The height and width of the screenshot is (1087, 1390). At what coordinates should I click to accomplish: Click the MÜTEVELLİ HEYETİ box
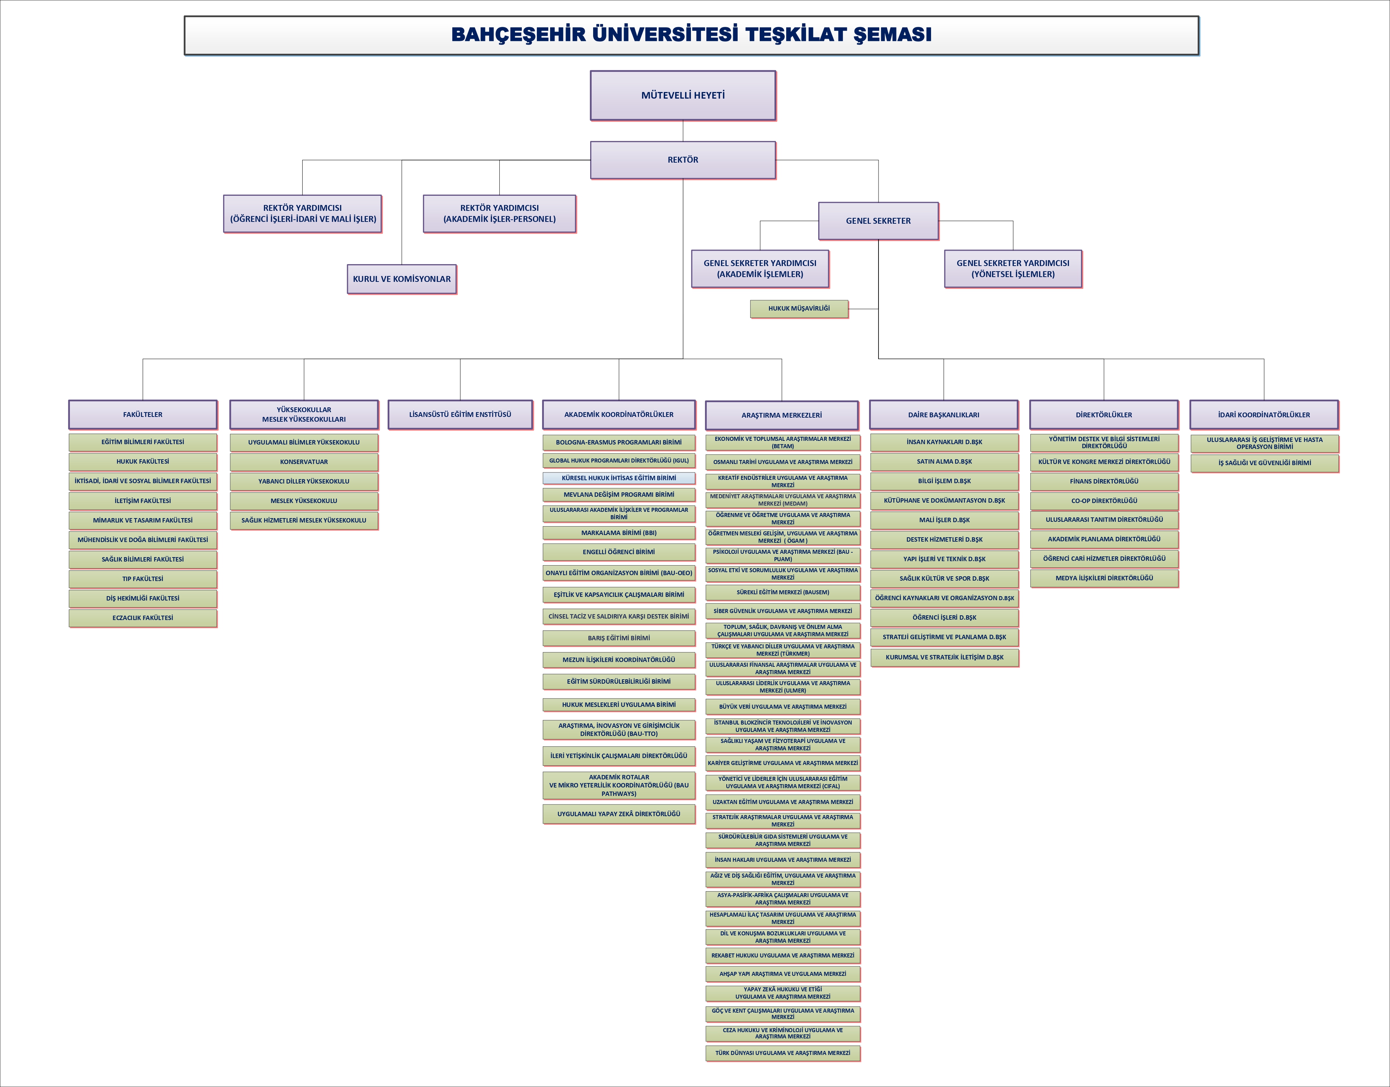click(683, 96)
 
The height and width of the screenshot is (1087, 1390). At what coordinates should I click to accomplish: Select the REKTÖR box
click(683, 160)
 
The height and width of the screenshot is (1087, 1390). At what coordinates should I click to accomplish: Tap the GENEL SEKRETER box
click(878, 221)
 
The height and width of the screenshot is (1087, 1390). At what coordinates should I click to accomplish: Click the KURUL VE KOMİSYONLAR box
click(402, 279)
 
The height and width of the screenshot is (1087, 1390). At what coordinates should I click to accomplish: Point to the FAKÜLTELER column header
click(143, 415)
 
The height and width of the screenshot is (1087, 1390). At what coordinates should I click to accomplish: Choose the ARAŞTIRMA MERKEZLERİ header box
click(781, 415)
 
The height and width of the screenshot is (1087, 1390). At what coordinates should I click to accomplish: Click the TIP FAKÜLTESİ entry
click(143, 579)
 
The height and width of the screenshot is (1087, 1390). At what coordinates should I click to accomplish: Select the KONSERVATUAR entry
click(304, 462)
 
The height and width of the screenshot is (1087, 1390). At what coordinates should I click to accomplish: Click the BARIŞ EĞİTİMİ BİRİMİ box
click(619, 638)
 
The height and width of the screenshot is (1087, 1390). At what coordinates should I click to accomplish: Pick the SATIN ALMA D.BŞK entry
click(944, 462)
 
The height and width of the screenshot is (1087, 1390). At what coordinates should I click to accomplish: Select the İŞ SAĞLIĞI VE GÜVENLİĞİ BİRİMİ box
click(1265, 463)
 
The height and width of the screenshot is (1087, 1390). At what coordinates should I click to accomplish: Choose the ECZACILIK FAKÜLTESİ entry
click(143, 618)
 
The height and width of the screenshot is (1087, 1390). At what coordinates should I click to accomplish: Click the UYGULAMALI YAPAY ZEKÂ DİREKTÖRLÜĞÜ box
click(619, 814)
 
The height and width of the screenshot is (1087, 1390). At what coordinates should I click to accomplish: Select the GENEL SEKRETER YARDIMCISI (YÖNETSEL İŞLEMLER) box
click(1013, 269)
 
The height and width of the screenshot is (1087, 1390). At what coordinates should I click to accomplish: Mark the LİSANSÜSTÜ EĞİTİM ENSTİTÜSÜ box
click(460, 415)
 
